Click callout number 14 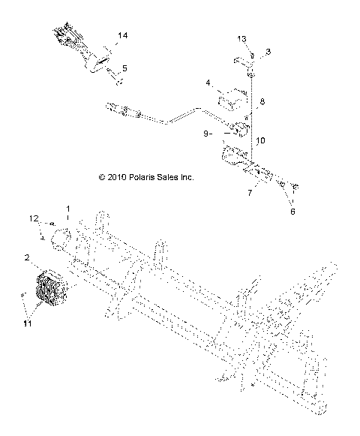click(123, 36)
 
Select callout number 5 click(124, 68)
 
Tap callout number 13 click(241, 38)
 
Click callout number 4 click(210, 82)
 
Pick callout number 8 click(262, 101)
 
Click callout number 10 click(260, 140)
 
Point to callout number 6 click(292, 212)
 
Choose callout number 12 click(34, 218)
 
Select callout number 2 click(27, 257)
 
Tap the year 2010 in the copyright click(117, 178)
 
